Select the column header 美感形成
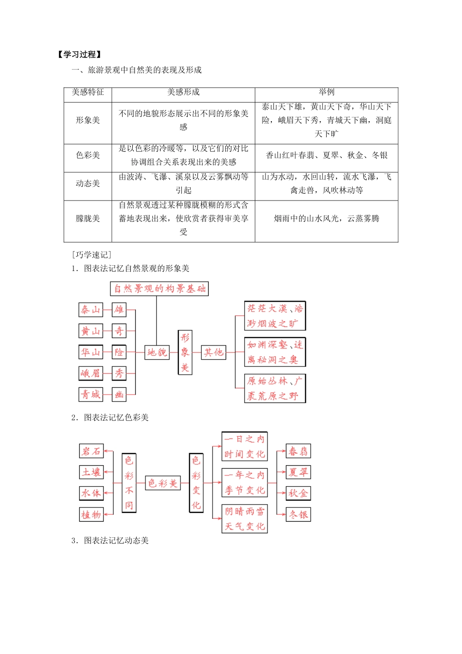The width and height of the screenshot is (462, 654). tap(183, 92)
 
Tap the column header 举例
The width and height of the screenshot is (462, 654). tap(326, 92)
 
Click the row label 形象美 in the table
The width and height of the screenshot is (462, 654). tap(88, 120)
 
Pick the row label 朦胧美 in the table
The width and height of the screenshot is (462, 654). tap(88, 218)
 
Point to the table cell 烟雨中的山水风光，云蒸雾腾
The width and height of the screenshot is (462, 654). tap(326, 218)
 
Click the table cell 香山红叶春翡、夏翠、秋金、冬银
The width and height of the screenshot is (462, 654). tap(326, 155)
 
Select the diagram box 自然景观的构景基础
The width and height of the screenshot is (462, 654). tap(160, 289)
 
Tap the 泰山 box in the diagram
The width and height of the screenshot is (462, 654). tap(91, 309)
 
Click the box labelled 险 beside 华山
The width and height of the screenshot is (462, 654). tap(119, 352)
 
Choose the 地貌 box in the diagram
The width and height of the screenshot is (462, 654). tap(157, 352)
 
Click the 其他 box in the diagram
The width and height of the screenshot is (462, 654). tap(213, 352)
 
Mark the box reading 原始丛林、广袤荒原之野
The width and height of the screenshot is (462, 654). tap(275, 388)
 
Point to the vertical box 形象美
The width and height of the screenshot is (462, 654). tap(185, 352)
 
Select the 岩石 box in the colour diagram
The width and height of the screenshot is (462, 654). tap(91, 451)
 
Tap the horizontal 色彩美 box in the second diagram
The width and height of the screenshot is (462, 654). tap(163, 483)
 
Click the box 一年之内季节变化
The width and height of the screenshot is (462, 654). tap(245, 482)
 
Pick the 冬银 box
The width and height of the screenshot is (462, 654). tap(298, 514)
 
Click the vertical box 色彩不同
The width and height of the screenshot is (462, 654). tap(129, 483)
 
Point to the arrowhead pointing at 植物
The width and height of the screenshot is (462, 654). tap(106, 514)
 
